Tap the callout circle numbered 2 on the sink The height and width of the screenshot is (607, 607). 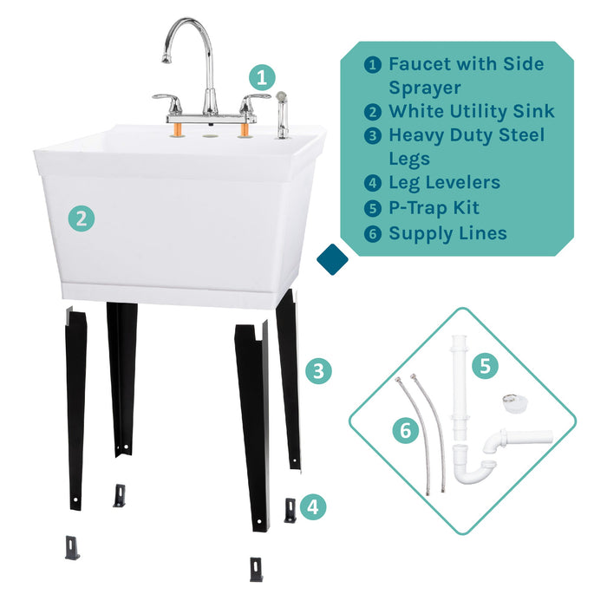81,219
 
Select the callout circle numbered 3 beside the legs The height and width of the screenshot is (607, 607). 318,371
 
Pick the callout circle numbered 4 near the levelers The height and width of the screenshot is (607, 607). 315,506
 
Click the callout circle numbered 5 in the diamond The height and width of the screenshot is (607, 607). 485,365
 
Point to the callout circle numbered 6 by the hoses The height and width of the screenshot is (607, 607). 405,431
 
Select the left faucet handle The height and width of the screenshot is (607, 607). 166,100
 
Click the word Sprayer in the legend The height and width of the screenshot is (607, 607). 425,88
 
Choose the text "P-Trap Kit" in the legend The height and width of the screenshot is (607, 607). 434,208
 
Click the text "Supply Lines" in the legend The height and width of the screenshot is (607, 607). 447,232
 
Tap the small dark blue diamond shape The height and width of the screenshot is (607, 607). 332,257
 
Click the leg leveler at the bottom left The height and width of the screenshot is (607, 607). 72,547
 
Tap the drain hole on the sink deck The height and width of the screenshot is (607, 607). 207,134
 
